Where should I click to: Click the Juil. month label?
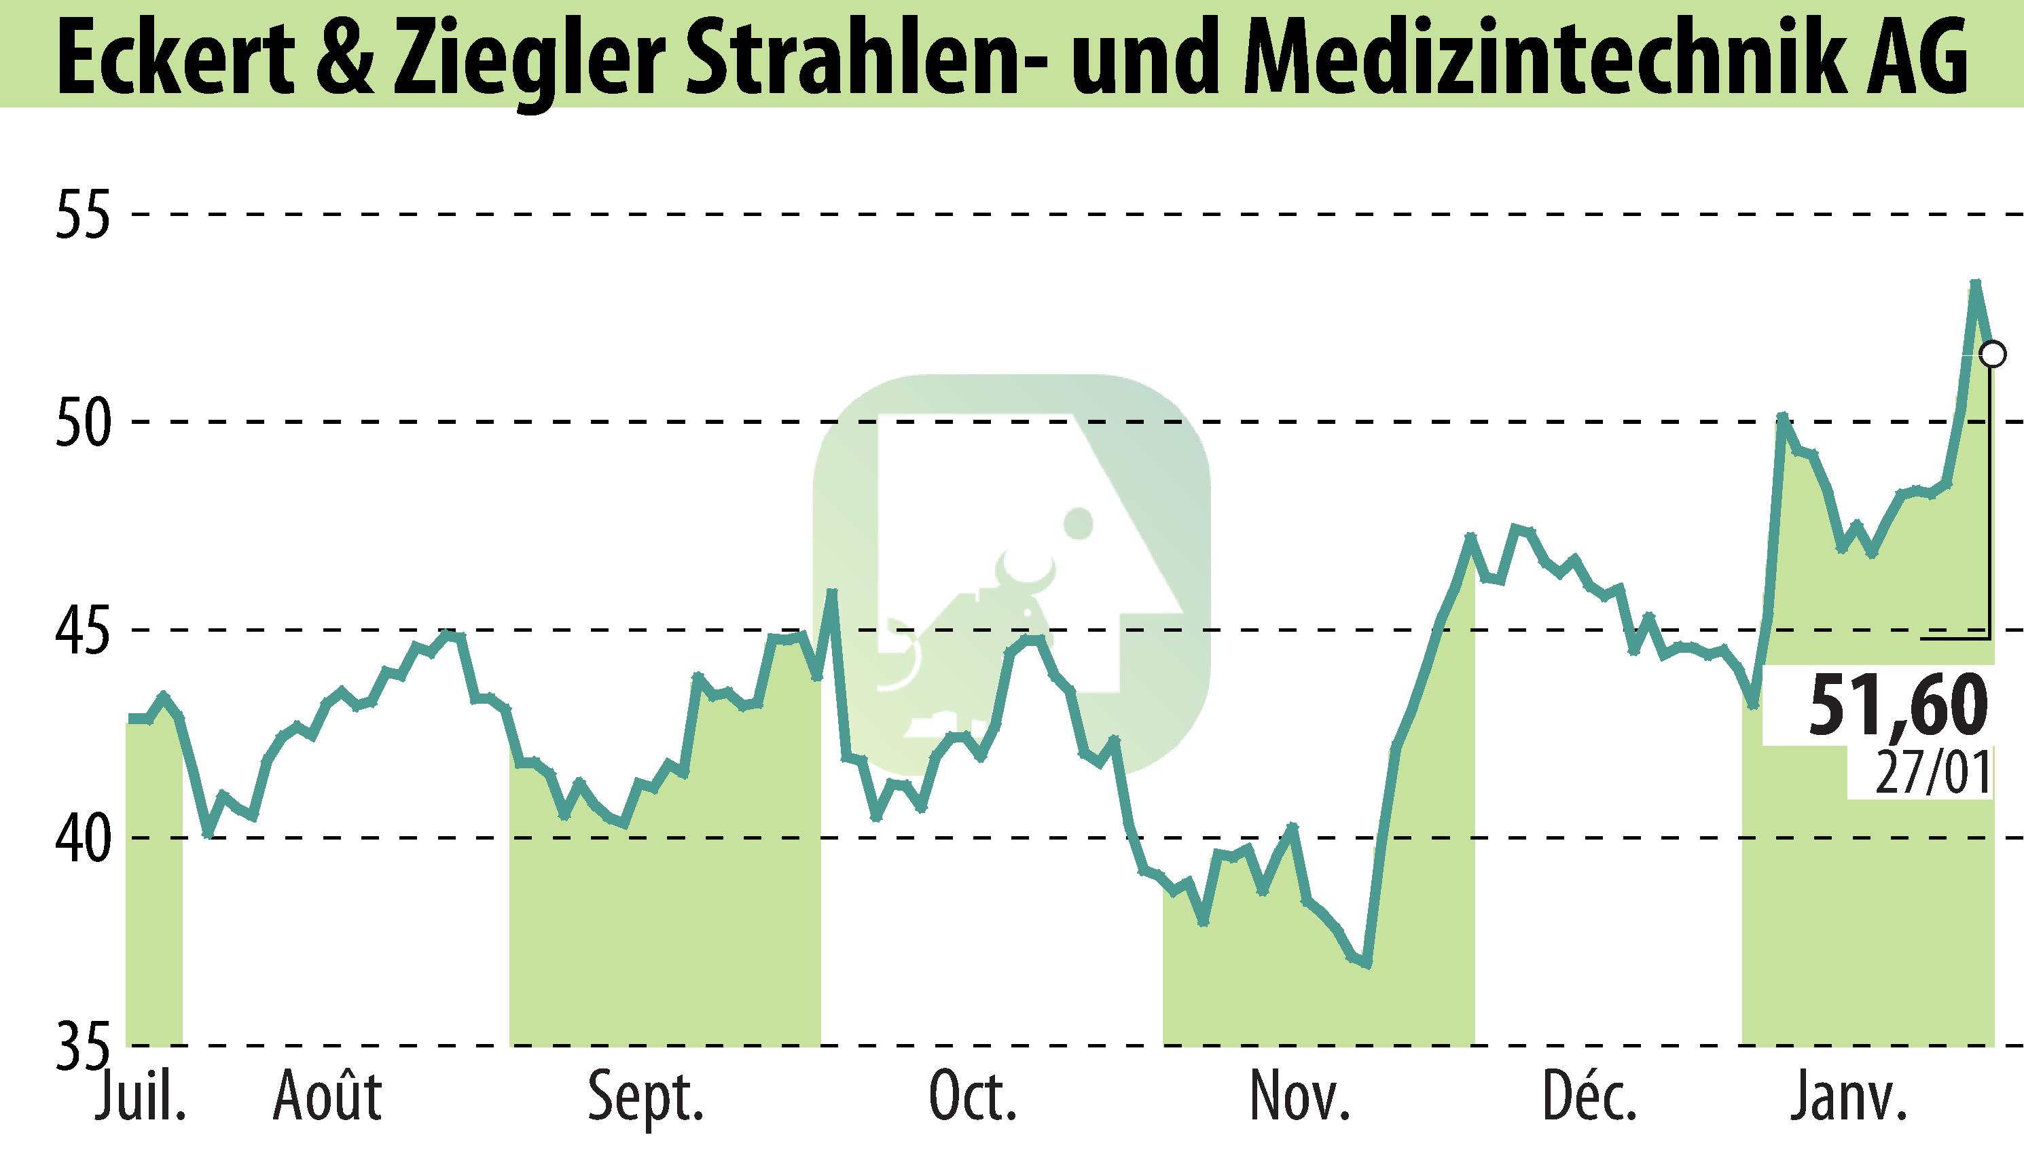pos(141,1098)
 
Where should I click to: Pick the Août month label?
pos(327,1098)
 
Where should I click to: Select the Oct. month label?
pos(972,1098)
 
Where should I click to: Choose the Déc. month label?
pos(1593,1098)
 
